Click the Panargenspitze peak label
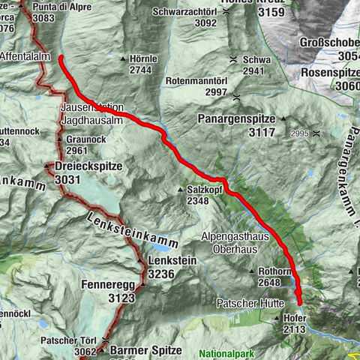click(238, 118)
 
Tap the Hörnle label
click(142, 58)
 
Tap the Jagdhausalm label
click(89, 119)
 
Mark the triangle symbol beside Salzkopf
click(180, 190)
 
